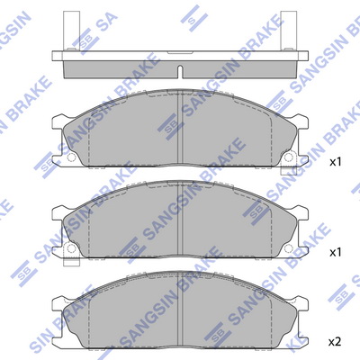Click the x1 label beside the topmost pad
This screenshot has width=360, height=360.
[336, 162]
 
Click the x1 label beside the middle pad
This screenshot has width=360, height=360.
[336, 253]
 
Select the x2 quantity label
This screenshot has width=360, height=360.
[335, 342]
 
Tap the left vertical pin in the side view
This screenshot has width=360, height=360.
[71, 31]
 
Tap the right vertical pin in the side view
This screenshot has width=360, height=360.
[289, 31]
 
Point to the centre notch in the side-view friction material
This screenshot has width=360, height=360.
[180, 72]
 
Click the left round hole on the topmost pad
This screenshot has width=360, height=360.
[71, 157]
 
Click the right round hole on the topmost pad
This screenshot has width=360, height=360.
[289, 157]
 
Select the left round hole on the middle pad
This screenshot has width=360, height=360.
[71, 248]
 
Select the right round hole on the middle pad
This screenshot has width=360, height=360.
[289, 248]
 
